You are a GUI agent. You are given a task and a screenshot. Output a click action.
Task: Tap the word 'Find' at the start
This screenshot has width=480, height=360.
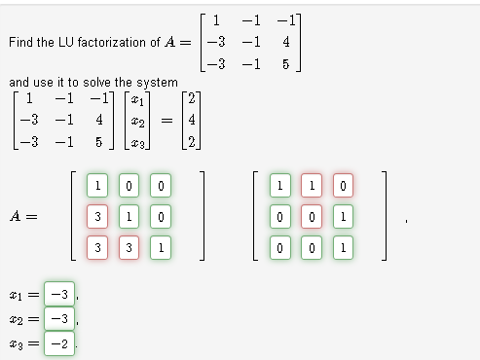pyautogui.click(x=19, y=43)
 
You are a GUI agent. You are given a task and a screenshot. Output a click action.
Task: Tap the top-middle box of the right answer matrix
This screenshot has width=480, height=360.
pyautogui.click(x=311, y=185)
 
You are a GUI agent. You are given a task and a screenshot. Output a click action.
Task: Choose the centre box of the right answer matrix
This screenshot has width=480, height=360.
pyautogui.click(x=311, y=216)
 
